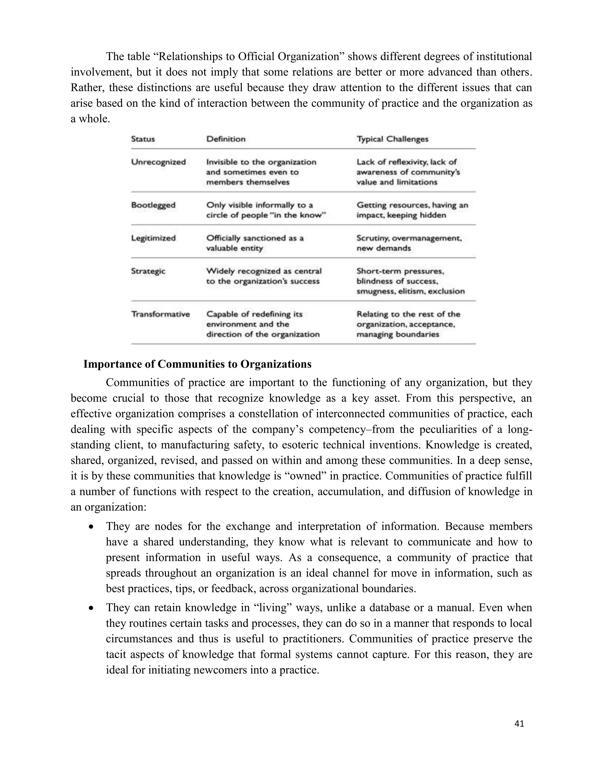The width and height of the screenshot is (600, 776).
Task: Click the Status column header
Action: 143,139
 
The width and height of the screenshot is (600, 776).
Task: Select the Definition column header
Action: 226,139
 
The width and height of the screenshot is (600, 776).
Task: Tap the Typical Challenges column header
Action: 392,139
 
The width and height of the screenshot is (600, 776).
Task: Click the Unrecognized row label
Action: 158,162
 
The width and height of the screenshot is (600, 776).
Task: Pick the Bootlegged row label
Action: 153,205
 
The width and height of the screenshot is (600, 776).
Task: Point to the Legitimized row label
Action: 153,238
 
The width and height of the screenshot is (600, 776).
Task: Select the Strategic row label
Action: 148,271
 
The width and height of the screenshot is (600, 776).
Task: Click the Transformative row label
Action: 160,314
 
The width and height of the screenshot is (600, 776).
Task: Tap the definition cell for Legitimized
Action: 255,243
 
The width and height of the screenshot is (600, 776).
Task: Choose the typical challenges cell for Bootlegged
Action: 412,210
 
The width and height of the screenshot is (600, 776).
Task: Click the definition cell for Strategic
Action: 263,276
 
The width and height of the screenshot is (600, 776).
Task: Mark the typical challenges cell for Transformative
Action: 408,324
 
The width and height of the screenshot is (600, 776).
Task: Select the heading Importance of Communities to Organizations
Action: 197,364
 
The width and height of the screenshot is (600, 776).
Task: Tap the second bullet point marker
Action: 92,609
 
